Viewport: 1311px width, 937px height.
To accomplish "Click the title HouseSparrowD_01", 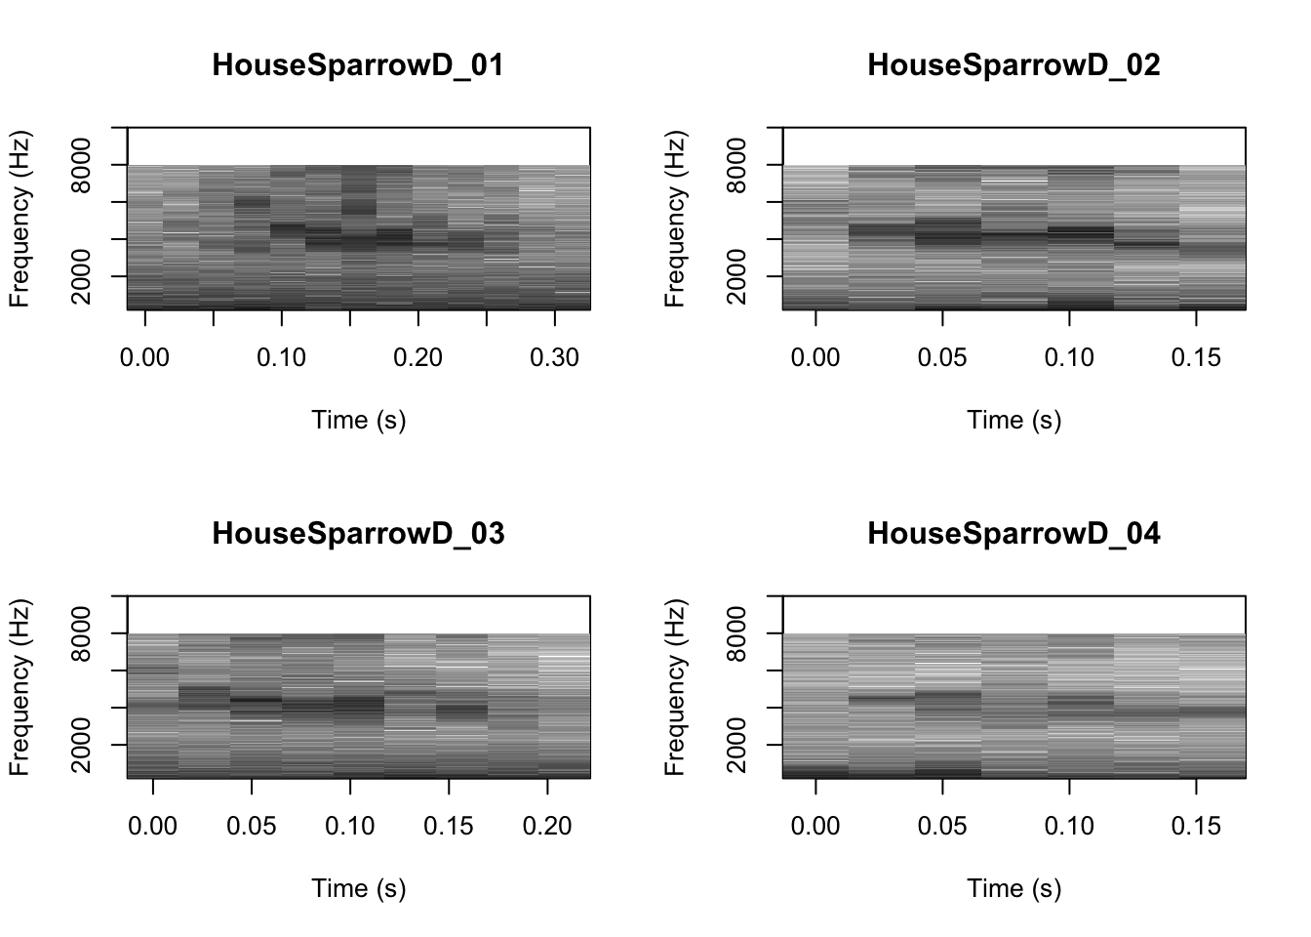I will (358, 65).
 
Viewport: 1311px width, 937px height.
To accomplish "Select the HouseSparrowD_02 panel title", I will (1013, 65).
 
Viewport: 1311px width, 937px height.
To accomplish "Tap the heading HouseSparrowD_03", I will (358, 534).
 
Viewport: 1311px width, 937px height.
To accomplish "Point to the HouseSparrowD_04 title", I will (1013, 534).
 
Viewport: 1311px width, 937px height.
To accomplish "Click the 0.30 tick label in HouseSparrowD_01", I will (554, 358).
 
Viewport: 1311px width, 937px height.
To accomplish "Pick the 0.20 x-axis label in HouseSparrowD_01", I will (417, 358).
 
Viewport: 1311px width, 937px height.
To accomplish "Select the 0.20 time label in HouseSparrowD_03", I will (547, 827).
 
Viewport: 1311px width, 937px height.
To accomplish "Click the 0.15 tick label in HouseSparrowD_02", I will (1196, 358).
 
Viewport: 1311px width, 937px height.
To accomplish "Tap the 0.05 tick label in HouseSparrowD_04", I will (942, 827).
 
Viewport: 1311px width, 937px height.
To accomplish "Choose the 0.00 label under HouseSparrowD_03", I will (153, 827).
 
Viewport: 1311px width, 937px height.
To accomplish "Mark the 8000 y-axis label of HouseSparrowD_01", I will (83, 166).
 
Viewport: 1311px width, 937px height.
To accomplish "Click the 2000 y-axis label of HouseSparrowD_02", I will (738, 277).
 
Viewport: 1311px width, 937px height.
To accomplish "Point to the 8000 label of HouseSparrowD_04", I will (738, 634).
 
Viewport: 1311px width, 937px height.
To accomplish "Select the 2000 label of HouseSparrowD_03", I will (83, 746).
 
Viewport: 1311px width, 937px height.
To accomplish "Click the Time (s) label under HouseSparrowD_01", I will (358, 420).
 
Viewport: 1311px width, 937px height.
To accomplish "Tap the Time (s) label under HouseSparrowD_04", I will (1013, 888).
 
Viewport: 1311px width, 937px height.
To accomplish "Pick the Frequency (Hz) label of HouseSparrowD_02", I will (675, 219).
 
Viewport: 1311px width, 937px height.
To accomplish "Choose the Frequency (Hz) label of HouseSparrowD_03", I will (20, 687).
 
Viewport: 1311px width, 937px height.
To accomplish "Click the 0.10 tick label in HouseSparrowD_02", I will (1069, 358).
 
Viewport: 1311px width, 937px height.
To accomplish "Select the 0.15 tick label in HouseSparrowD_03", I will (449, 827).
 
